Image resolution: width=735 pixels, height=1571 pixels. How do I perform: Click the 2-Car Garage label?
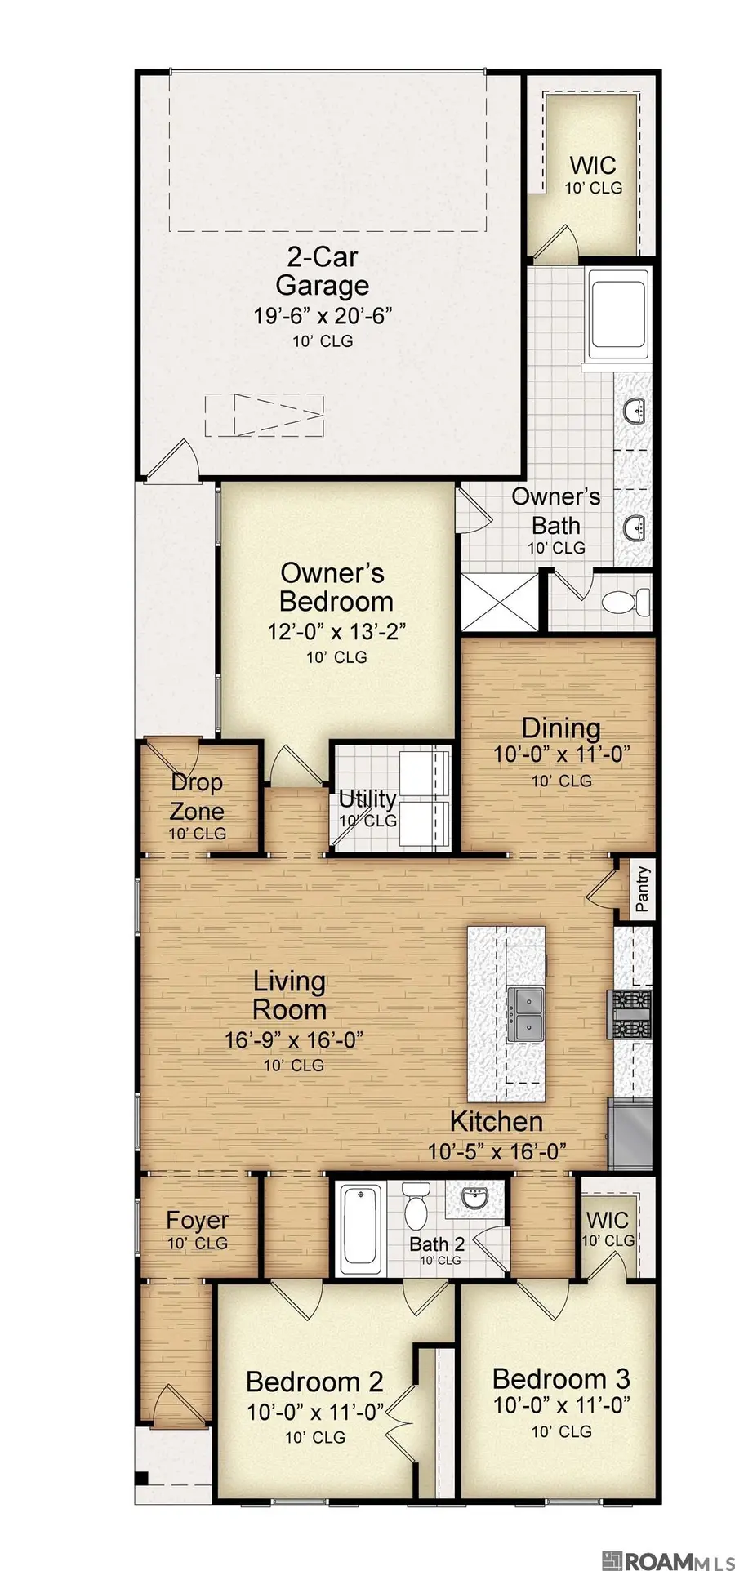(323, 272)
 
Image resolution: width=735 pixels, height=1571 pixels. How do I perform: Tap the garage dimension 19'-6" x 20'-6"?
(323, 316)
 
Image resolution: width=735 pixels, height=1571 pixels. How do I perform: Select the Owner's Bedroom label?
(336, 587)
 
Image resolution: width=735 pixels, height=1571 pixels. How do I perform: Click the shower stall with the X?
(501, 602)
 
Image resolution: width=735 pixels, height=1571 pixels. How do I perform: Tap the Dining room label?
(561, 728)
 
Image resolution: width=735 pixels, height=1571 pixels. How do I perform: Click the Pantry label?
(643, 888)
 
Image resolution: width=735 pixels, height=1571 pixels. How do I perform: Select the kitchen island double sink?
(525, 1014)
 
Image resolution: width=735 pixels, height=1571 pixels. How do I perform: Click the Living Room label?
(289, 995)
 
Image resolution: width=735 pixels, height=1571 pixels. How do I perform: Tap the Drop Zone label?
(198, 797)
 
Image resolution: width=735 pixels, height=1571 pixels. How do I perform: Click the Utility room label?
(367, 799)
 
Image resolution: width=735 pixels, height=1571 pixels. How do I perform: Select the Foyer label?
(197, 1220)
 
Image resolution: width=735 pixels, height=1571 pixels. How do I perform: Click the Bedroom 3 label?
(561, 1379)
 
